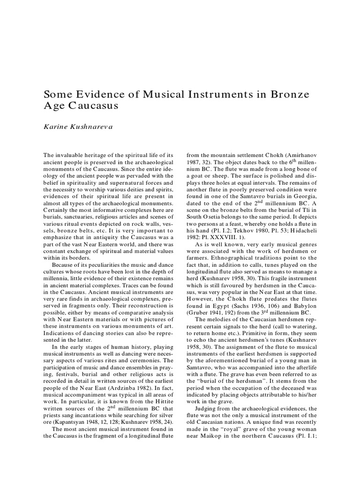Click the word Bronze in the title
(x=289, y=94)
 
